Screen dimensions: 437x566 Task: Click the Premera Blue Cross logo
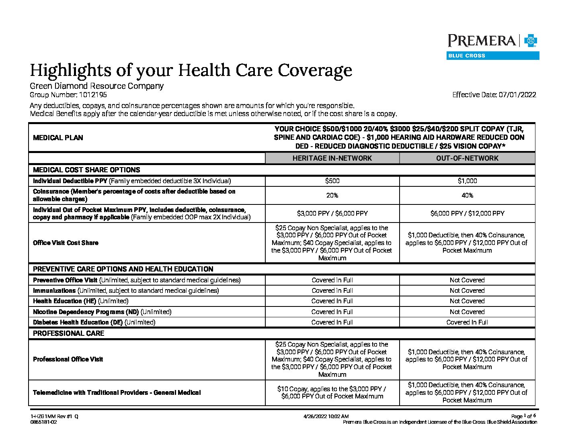pos(493,46)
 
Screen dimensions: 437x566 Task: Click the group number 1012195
pos(93,95)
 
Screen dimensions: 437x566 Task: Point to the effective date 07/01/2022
pos(517,95)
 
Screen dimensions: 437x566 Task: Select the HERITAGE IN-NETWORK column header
pos(332,158)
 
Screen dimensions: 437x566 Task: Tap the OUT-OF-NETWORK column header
pos(467,158)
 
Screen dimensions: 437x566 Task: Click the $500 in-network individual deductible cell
pos(332,181)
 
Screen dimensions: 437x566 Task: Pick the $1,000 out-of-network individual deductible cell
pos(467,181)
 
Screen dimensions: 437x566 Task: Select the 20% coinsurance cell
pos(332,196)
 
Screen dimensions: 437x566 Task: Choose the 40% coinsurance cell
pos(467,196)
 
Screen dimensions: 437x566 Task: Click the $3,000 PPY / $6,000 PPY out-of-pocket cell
pos(332,214)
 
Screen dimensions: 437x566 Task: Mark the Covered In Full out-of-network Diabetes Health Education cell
pos(467,323)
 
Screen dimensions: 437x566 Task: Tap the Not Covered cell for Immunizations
pos(467,291)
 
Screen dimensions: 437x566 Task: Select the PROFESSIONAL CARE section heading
pos(68,333)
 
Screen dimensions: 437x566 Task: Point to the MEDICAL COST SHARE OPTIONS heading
pos(86,170)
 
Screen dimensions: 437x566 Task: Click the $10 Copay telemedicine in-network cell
pos(332,392)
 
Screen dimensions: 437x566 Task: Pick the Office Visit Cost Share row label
pos(66,243)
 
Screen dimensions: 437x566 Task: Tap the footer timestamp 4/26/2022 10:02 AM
pos(326,417)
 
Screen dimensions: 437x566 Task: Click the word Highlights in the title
pos(71,70)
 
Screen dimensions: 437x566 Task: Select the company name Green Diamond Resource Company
pos(96,86)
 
